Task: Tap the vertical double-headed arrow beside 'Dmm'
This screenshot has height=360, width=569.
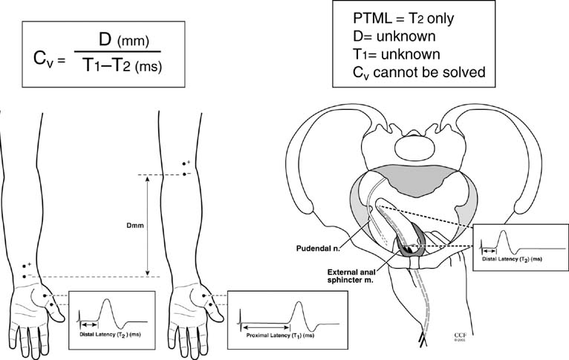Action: tap(149, 226)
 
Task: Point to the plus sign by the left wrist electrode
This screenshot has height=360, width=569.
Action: tap(30, 264)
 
